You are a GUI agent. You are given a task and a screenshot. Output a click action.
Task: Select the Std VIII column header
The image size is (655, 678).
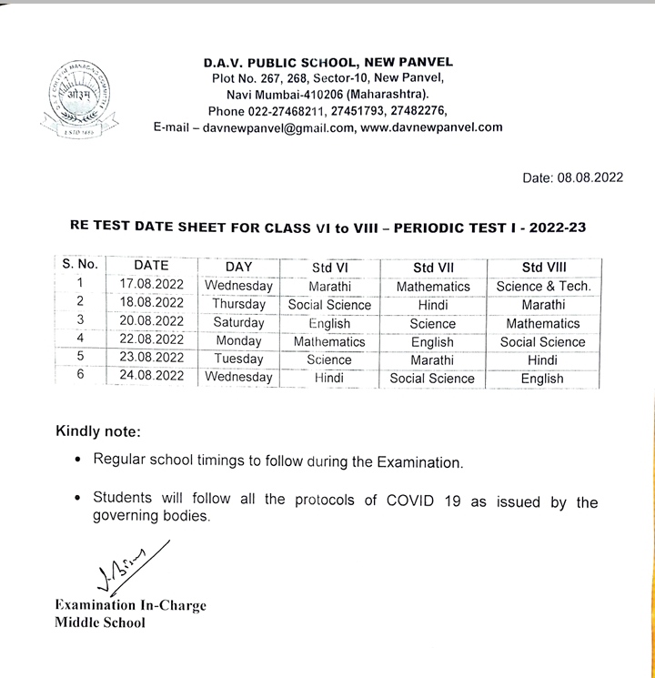tap(543, 268)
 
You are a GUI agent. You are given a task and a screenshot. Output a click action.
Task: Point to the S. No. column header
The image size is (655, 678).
tap(80, 266)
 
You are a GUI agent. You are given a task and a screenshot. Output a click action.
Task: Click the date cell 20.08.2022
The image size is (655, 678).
tap(152, 322)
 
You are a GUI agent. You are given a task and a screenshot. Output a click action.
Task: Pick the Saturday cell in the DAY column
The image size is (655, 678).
tap(238, 322)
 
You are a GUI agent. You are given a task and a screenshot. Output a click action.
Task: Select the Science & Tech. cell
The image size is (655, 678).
tap(543, 286)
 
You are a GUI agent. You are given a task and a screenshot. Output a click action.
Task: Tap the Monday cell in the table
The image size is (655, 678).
tap(238, 340)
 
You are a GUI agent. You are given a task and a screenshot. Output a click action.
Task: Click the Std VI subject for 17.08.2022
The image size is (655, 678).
tap(329, 286)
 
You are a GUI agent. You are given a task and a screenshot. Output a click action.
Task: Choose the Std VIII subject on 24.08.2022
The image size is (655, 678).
tap(543, 379)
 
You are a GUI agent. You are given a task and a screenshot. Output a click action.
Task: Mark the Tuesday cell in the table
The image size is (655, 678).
tap(238, 359)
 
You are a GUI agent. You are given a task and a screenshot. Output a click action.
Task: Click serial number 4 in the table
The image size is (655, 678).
tap(80, 340)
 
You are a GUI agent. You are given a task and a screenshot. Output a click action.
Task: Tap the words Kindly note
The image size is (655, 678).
tap(98, 430)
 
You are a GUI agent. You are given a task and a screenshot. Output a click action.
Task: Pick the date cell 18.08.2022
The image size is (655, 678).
tap(152, 304)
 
